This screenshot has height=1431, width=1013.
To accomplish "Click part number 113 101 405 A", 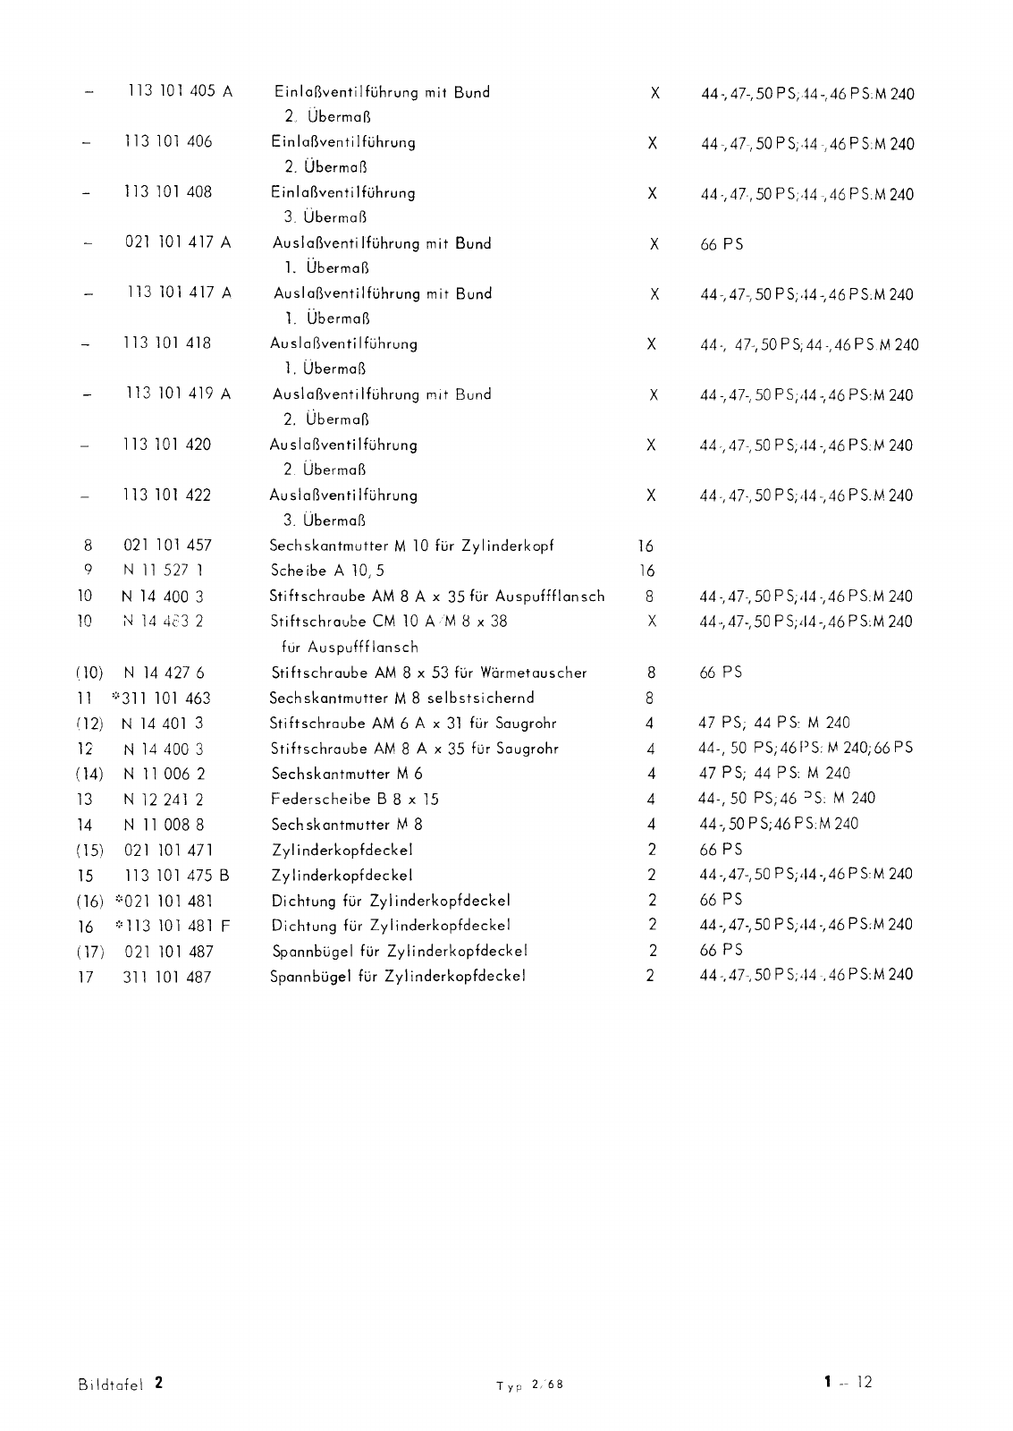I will point(180,91).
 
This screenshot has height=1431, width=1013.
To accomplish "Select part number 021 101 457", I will point(167,546).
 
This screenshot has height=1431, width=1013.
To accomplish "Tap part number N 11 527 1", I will point(164,571).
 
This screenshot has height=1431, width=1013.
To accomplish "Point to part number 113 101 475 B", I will point(177,876).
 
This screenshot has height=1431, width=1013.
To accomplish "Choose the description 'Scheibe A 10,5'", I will point(327,571).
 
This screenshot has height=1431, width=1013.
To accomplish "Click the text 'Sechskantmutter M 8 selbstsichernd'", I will point(402,698).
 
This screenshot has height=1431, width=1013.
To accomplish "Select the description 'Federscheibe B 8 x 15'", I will point(355,799).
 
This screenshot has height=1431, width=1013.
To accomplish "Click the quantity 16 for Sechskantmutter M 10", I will point(646,546).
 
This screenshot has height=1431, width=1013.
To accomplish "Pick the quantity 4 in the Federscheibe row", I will point(651,800).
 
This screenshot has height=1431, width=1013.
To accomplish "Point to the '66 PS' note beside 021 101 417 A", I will point(722,244).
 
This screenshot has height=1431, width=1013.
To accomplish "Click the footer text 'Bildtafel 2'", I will point(121,1384).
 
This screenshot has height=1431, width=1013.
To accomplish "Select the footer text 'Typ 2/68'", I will point(530,1385).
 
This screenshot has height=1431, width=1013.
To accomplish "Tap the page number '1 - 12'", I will point(848,1383).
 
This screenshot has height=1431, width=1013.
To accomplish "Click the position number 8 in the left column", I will point(88,546).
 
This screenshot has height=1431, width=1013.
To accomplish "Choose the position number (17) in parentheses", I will point(89,952).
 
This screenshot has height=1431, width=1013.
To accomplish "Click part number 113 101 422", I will point(167,495).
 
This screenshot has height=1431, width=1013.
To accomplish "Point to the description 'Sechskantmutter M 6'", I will point(347,774).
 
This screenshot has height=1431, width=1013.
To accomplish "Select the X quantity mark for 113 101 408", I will point(652,193).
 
